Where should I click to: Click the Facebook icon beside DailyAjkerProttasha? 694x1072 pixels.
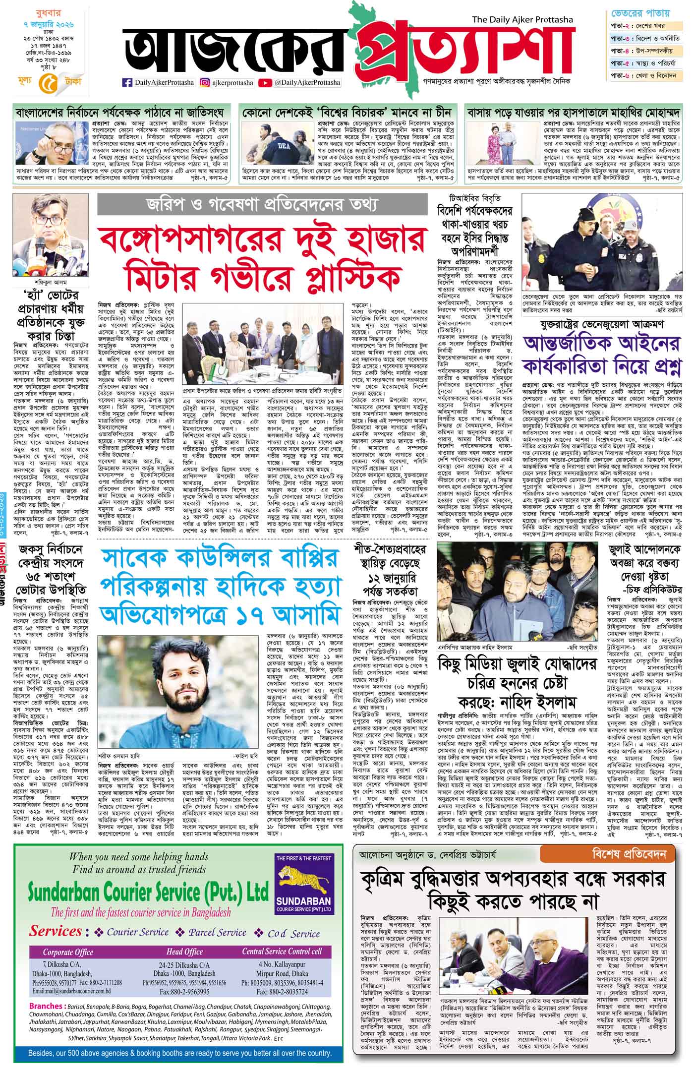pos(127,83)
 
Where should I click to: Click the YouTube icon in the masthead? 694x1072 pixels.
pos(265,83)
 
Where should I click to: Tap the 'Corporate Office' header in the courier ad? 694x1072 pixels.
pos(68,952)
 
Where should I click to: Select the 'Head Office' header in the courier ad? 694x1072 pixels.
pos(184,952)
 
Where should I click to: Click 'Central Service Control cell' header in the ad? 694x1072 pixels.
pos(282,952)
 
